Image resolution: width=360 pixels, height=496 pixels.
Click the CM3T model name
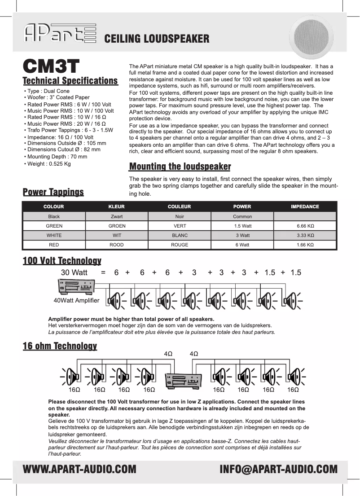[x=51, y=66]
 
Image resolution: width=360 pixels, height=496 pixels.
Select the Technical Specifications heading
[x=70, y=81]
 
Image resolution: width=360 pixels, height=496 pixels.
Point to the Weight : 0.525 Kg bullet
[x=48, y=164]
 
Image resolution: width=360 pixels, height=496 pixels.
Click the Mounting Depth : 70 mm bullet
[x=56, y=157]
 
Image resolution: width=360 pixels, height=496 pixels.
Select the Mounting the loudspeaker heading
[x=180, y=167]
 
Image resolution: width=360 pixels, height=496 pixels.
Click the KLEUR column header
[x=117, y=206]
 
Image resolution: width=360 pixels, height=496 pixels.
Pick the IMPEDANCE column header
[x=305, y=206]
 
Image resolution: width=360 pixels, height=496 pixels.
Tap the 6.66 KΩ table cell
[x=305, y=226]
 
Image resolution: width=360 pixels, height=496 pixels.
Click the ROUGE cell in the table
[x=180, y=245]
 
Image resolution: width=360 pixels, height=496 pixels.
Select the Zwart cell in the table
[x=117, y=216]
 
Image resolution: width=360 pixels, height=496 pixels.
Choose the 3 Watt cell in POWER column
[x=242, y=235]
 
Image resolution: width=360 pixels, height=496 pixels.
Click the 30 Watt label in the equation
[x=74, y=272]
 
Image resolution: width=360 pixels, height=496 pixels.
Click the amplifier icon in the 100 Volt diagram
[x=76, y=286]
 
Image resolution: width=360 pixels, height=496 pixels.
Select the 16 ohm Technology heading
[x=60, y=346]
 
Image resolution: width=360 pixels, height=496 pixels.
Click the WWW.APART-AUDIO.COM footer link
[x=79, y=470]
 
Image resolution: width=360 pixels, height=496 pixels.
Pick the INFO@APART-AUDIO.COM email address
[x=278, y=470]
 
